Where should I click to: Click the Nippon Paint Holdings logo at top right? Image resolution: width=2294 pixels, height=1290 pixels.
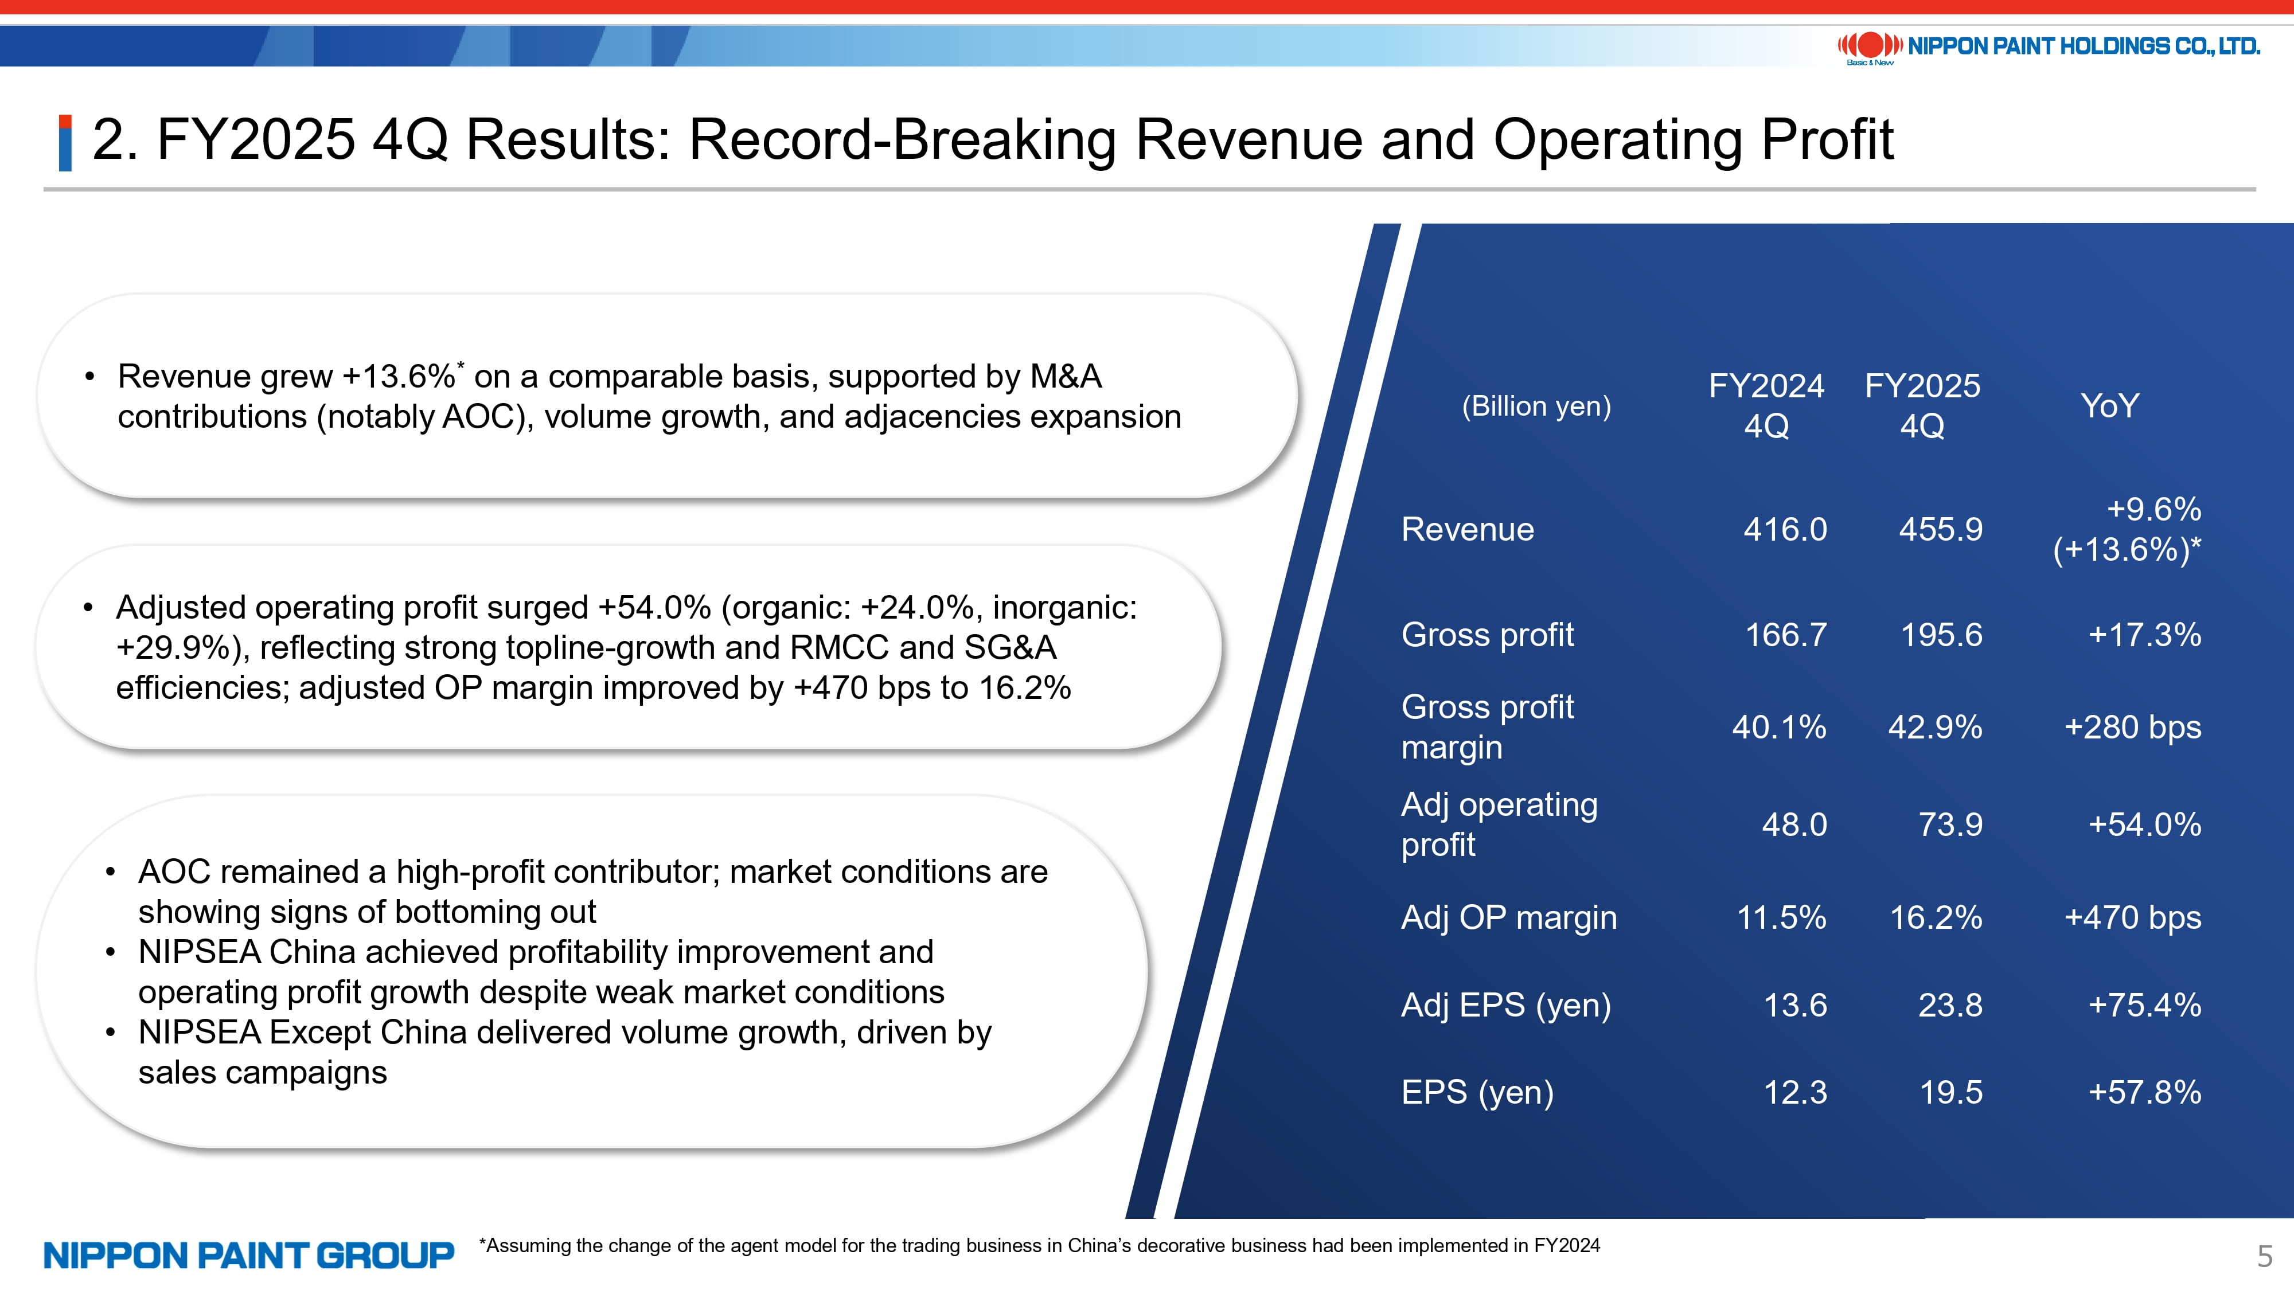pyautogui.click(x=2048, y=46)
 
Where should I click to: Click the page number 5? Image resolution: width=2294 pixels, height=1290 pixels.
pyautogui.click(x=2265, y=1256)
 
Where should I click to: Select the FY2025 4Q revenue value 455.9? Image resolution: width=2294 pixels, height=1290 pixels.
pyautogui.click(x=1941, y=530)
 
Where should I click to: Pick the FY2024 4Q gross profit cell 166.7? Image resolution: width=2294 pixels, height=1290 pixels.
pyautogui.click(x=1785, y=635)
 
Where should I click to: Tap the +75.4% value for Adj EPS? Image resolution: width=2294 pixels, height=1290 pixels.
pyautogui.click(x=2144, y=1005)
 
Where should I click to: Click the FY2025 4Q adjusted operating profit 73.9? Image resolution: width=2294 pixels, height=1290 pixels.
pyautogui.click(x=1950, y=824)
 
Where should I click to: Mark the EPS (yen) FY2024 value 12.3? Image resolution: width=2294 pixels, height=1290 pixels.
pyautogui.click(x=1794, y=1092)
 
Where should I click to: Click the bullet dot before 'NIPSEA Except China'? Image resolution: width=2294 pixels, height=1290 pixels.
pyautogui.click(x=110, y=1033)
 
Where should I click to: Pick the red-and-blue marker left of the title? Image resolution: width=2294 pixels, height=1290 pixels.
pyautogui.click(x=65, y=142)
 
